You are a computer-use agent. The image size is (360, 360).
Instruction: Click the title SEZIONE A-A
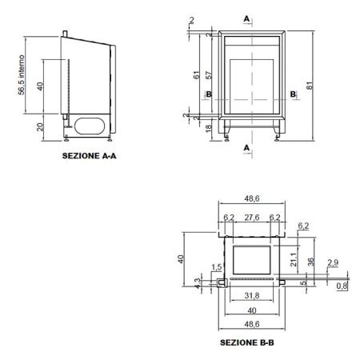click(89, 156)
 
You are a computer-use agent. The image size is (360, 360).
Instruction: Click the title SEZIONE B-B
click(247, 342)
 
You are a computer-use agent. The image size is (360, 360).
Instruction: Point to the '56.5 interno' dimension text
click(22, 75)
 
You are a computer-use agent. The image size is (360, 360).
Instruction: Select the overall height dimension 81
click(310, 86)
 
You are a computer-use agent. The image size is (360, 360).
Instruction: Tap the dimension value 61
click(196, 75)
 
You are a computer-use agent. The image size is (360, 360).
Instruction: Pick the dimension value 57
click(209, 75)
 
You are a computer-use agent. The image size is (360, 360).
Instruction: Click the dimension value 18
click(209, 129)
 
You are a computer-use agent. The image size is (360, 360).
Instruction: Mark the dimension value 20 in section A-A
click(40, 127)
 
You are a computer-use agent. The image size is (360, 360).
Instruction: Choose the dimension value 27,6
click(252, 218)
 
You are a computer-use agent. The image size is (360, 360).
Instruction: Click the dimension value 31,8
click(252, 295)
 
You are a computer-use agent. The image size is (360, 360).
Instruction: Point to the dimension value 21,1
click(294, 260)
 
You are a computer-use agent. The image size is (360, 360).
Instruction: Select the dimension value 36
click(311, 262)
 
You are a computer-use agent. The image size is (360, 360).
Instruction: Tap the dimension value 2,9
click(333, 262)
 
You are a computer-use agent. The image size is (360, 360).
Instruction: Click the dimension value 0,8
click(342, 286)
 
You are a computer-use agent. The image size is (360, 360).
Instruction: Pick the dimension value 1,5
click(217, 267)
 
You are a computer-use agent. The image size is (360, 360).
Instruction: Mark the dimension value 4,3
click(198, 283)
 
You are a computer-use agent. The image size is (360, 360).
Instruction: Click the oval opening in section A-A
click(90, 126)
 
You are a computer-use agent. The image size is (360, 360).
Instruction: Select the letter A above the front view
click(246, 19)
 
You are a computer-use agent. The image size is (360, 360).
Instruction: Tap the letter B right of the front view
click(293, 94)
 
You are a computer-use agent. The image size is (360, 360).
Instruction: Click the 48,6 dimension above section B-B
click(252, 198)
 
